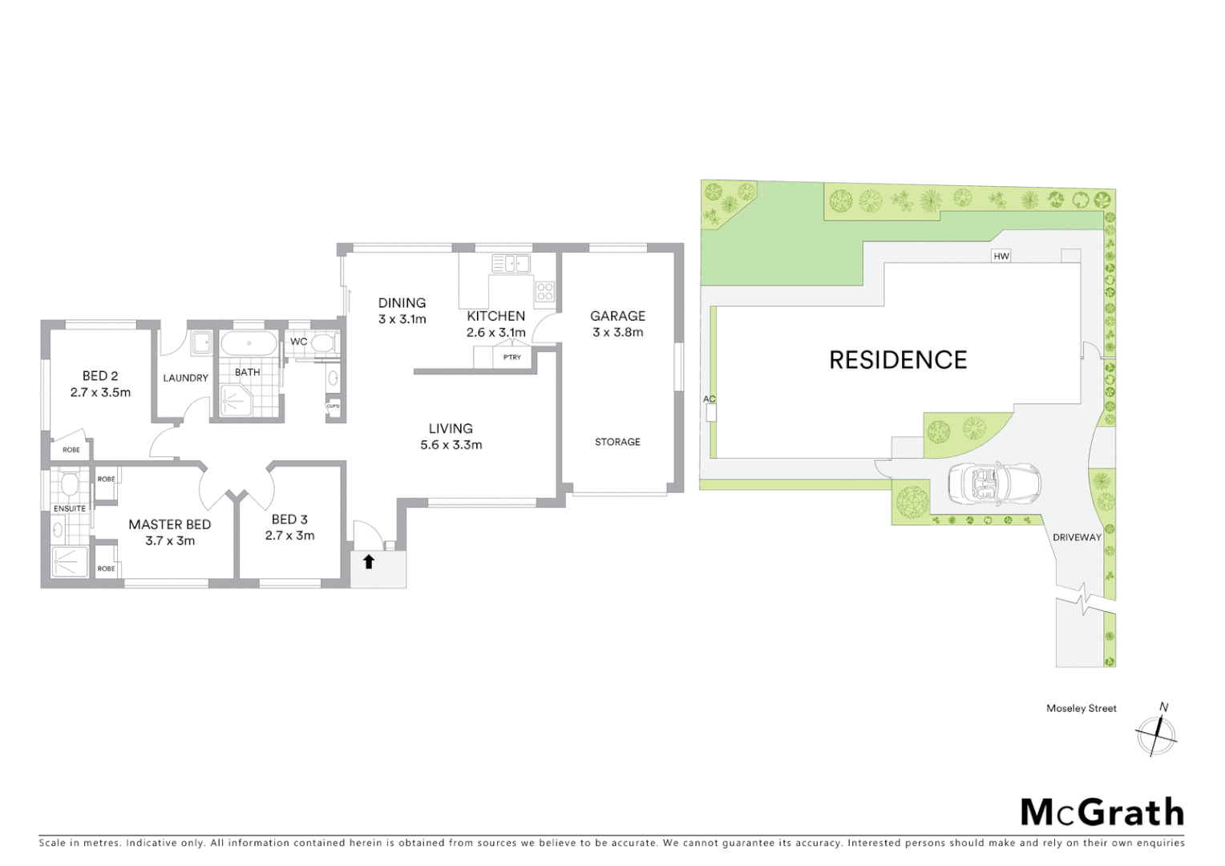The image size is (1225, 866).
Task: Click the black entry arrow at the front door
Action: pyautogui.click(x=369, y=562)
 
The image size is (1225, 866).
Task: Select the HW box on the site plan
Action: pyautogui.click(x=1001, y=257)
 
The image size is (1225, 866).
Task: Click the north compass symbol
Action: pyautogui.click(x=1156, y=733)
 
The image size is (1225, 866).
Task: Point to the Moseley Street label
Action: pyautogui.click(x=1081, y=709)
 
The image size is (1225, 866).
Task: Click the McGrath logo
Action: pyautogui.click(x=1102, y=812)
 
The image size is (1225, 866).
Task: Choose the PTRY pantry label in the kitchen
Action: pyautogui.click(x=511, y=358)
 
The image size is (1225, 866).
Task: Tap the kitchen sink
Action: pyautogui.click(x=511, y=262)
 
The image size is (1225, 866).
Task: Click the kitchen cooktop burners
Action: pyautogui.click(x=545, y=291)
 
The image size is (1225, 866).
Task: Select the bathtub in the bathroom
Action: pyautogui.click(x=249, y=346)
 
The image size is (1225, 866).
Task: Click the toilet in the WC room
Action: pyautogui.click(x=322, y=345)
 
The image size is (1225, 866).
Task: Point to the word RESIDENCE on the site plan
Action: pyautogui.click(x=898, y=360)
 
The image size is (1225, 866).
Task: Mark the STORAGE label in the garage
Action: pyautogui.click(x=617, y=442)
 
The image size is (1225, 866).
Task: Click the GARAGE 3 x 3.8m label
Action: pyautogui.click(x=617, y=324)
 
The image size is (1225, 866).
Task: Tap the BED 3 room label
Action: pyautogui.click(x=289, y=527)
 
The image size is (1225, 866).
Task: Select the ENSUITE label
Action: pyautogui.click(x=70, y=508)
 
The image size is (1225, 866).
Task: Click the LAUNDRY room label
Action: pyautogui.click(x=185, y=378)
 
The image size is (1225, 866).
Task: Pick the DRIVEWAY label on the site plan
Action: pyautogui.click(x=1077, y=537)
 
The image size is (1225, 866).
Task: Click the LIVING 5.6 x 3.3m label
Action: pyautogui.click(x=451, y=436)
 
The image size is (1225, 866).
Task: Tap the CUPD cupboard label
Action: pyautogui.click(x=333, y=407)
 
